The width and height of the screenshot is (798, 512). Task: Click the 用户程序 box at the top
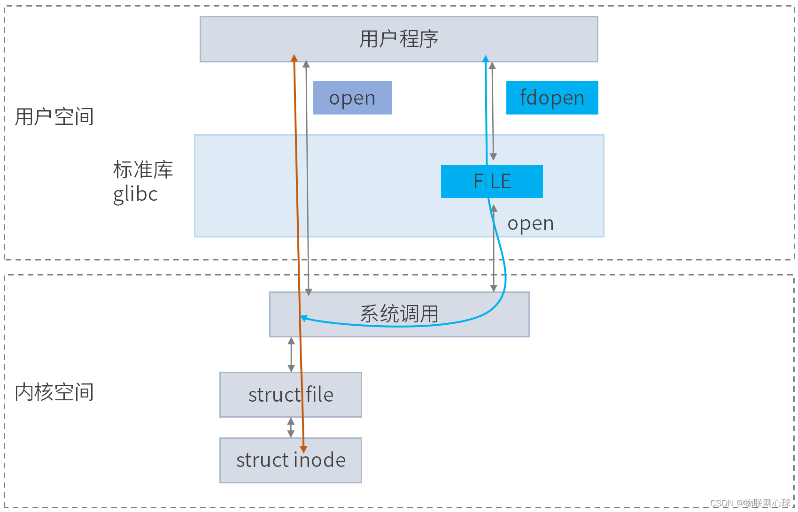(399, 39)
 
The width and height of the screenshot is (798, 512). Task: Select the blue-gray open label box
(352, 98)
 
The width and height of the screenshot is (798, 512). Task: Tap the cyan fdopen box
(552, 98)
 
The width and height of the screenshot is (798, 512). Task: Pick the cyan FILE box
(492, 182)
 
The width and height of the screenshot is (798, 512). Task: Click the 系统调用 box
(399, 314)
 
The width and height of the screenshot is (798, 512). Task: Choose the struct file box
(291, 395)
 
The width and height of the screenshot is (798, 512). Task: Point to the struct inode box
(291, 460)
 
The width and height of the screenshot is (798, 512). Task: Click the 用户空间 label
(54, 117)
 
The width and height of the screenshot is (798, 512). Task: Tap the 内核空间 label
(54, 392)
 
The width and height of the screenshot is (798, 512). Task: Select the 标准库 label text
(143, 170)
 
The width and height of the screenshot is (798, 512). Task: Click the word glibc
(135, 194)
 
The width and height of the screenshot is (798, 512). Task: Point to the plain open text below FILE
(531, 223)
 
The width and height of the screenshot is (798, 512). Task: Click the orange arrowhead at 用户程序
(294, 58)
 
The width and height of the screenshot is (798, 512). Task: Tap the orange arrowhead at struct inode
(303, 450)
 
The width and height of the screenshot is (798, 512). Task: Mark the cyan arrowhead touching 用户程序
(486, 59)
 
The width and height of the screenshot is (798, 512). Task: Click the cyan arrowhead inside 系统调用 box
(303, 318)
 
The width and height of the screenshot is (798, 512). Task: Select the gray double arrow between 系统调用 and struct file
(291, 354)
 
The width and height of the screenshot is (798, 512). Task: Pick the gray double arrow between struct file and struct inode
(291, 428)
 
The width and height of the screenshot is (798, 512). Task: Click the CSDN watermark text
(750, 503)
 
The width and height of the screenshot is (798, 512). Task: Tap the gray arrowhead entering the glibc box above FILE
(493, 157)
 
